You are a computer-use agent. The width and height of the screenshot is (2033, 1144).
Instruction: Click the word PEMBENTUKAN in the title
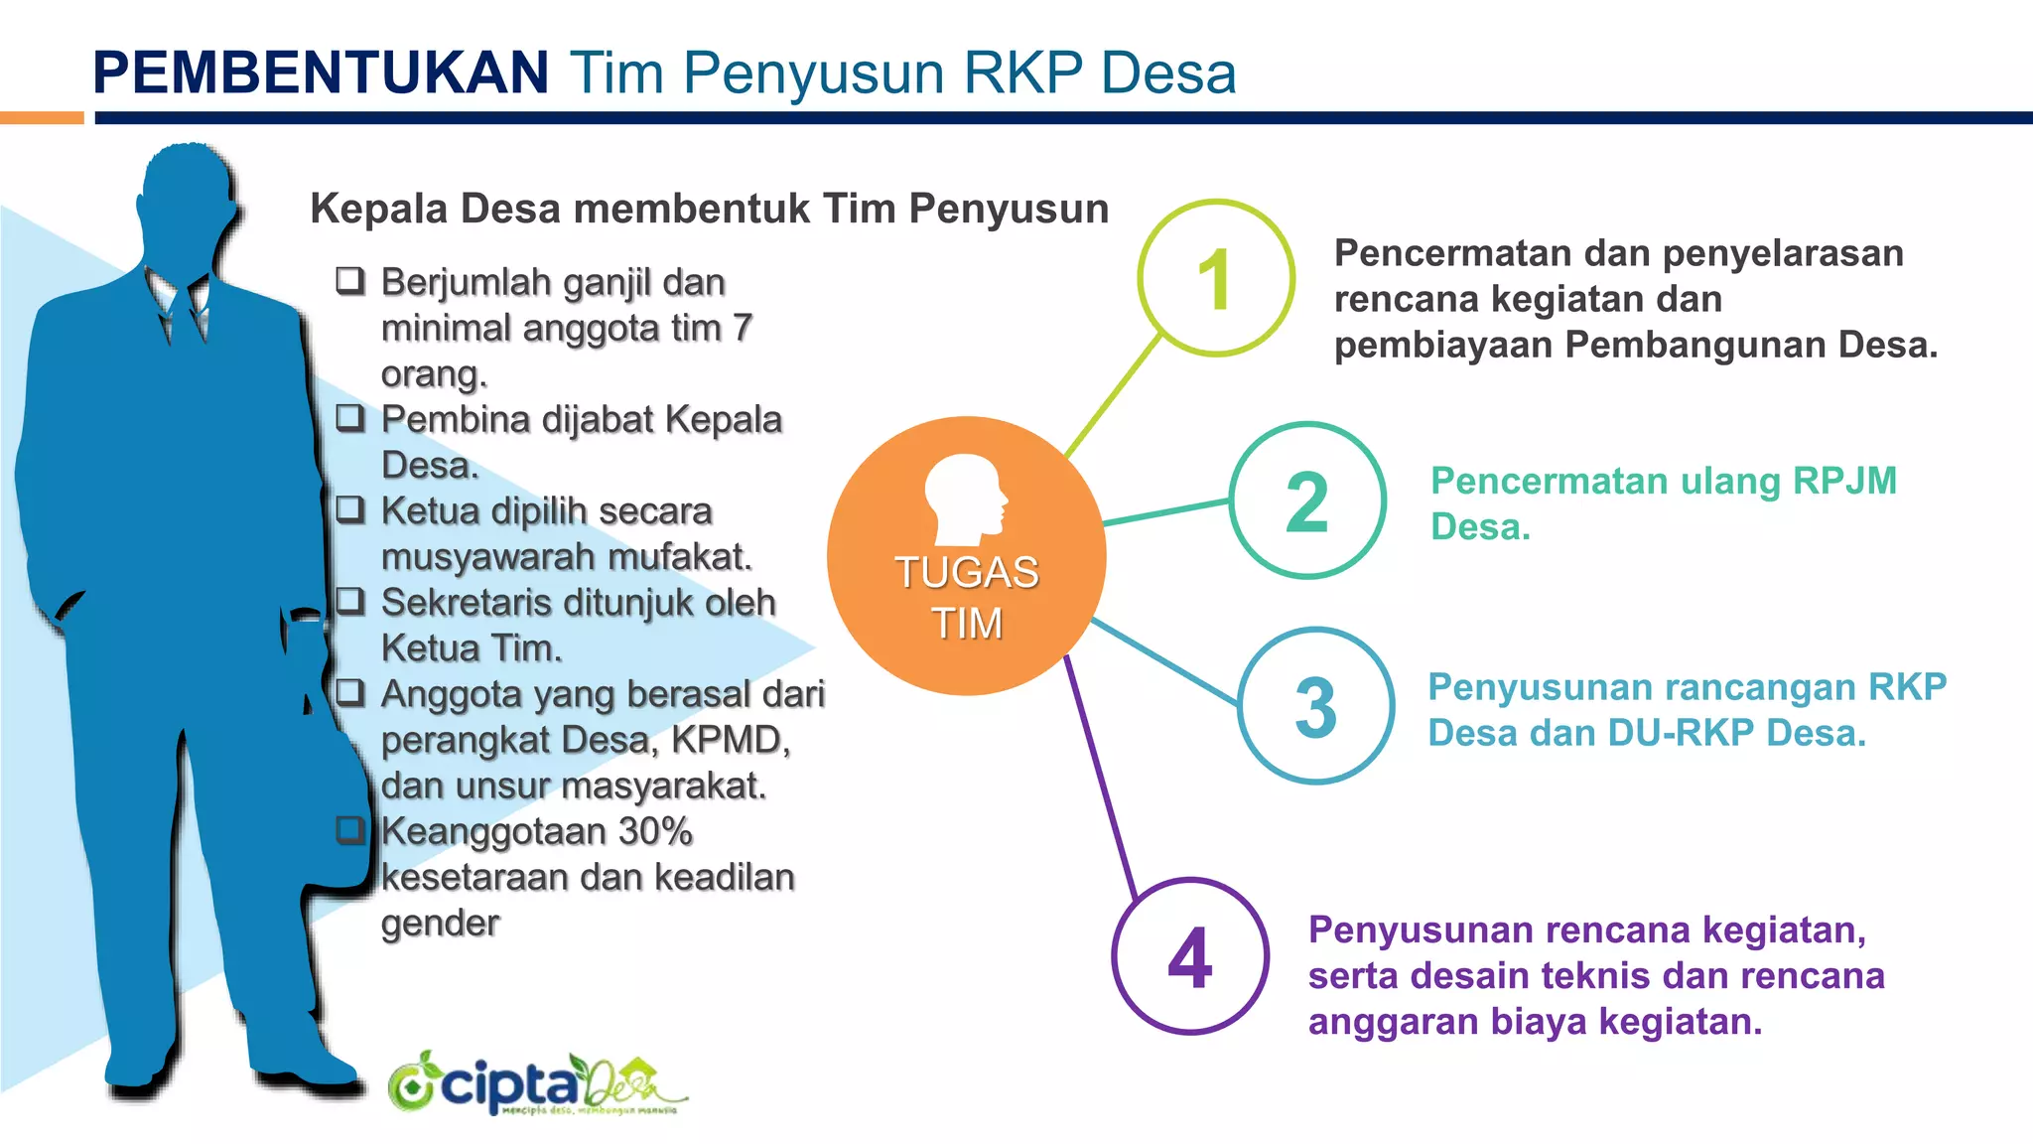click(x=320, y=72)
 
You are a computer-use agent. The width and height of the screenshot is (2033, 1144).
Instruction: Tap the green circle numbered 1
click(x=1216, y=278)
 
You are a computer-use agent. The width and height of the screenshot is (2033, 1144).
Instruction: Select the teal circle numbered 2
click(x=1307, y=500)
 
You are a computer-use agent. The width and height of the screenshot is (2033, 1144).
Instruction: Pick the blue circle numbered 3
click(x=1316, y=706)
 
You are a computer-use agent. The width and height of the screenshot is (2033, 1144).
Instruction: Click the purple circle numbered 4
click(x=1190, y=956)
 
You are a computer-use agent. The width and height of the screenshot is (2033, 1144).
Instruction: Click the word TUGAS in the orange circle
click(x=967, y=572)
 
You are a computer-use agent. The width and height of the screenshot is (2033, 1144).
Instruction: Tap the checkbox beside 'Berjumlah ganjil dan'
click(x=349, y=281)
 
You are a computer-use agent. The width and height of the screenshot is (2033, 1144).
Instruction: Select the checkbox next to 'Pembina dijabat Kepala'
click(x=349, y=418)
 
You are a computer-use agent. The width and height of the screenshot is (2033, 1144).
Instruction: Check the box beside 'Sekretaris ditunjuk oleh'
click(x=349, y=601)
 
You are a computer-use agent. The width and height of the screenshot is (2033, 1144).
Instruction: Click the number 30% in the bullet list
click(x=654, y=831)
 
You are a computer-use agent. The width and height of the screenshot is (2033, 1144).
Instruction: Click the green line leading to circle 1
click(x=1112, y=397)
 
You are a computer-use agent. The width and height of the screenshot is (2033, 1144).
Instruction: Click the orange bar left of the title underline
click(x=42, y=118)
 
